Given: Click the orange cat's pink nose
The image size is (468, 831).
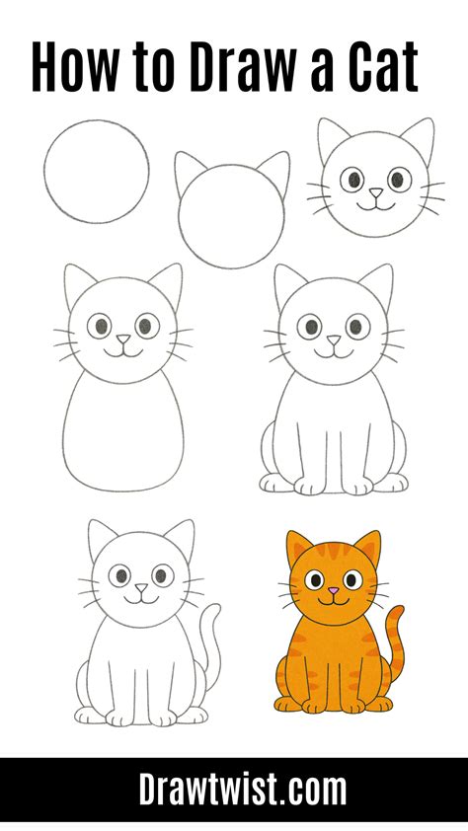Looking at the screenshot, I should pos(333,591).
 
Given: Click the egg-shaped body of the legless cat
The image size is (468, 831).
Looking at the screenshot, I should pos(123,434).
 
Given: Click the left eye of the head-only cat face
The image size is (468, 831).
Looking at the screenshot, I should pos(351,180).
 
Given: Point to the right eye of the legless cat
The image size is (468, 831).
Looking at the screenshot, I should pos(146,325).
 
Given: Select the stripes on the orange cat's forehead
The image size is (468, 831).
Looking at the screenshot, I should pos(333,554).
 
